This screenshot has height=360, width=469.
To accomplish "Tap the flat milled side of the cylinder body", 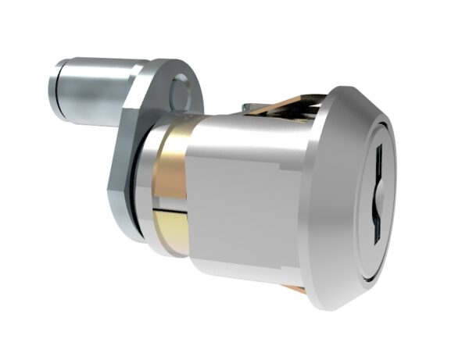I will pos(242,211).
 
